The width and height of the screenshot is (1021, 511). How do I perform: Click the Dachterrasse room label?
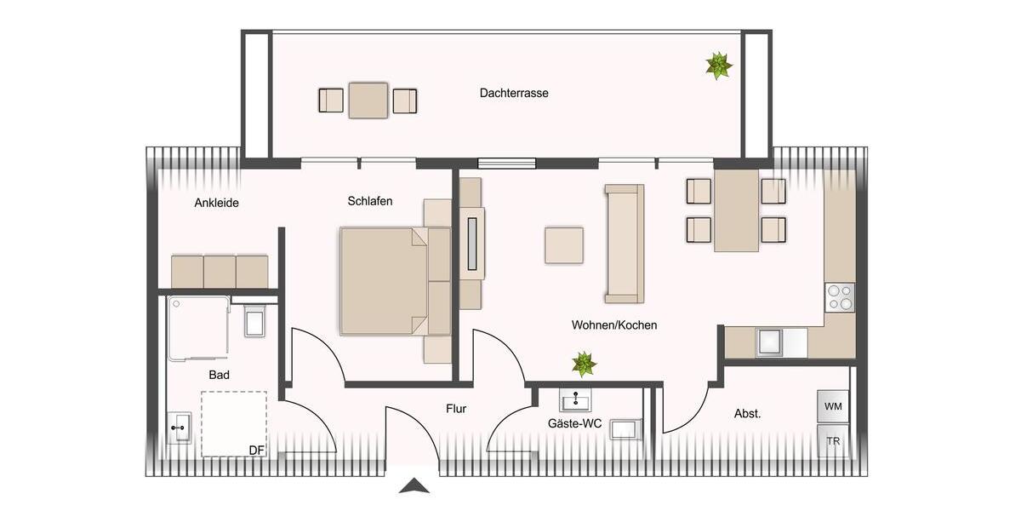click(514, 94)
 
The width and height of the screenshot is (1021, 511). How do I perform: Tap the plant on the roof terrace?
click(719, 66)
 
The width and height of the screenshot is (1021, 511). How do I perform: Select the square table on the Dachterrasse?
click(368, 100)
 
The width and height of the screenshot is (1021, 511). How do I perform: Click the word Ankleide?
click(216, 203)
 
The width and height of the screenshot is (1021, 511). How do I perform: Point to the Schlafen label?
click(370, 201)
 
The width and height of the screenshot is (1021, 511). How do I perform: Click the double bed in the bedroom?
click(385, 280)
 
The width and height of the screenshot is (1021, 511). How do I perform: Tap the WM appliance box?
click(833, 406)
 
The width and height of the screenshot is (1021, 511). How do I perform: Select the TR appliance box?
click(833, 442)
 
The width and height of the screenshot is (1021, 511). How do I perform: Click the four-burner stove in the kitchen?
click(839, 297)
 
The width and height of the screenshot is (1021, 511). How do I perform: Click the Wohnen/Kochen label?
click(614, 325)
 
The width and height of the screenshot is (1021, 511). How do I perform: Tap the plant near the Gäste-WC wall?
click(584, 365)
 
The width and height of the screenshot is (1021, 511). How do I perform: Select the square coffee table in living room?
click(564, 245)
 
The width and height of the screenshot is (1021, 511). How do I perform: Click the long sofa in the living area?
click(624, 244)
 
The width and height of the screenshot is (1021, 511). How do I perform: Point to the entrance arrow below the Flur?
click(414, 486)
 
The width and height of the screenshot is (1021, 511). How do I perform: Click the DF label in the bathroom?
click(255, 451)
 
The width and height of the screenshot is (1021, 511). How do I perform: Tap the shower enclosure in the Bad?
click(198, 327)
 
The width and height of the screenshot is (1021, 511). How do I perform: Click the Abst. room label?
click(747, 414)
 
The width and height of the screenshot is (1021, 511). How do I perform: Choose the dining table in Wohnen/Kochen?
click(736, 210)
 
